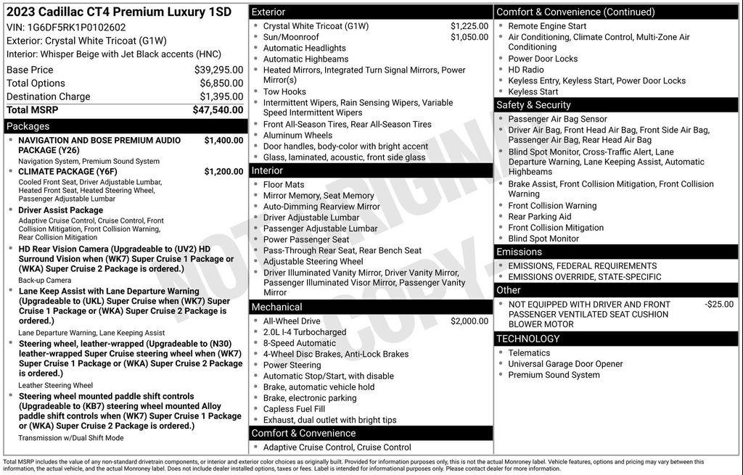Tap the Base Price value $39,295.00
(x=218, y=70)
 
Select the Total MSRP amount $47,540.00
(x=218, y=110)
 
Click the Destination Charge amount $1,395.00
(x=221, y=96)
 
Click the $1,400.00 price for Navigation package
(x=223, y=140)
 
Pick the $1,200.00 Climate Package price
(x=223, y=171)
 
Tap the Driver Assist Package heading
(x=61, y=210)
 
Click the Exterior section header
(x=268, y=12)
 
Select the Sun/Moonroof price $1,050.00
(x=469, y=37)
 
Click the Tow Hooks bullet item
(x=284, y=91)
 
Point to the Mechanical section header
(x=276, y=307)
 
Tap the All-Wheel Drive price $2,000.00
(x=469, y=321)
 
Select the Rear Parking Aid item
(x=539, y=217)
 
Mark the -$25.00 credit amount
(x=718, y=305)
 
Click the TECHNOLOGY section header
(x=528, y=339)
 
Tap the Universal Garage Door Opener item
(x=565, y=364)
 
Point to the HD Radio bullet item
(x=525, y=70)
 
